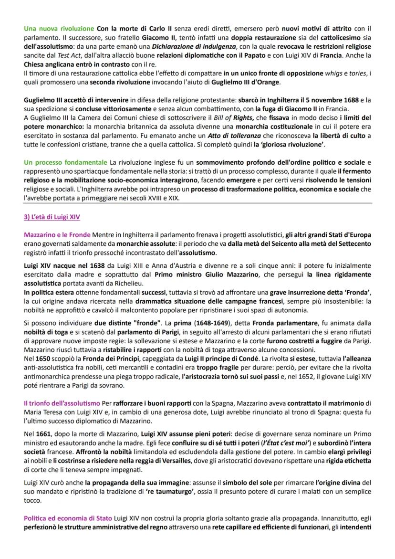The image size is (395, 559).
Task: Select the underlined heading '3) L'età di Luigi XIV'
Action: [52, 217]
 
